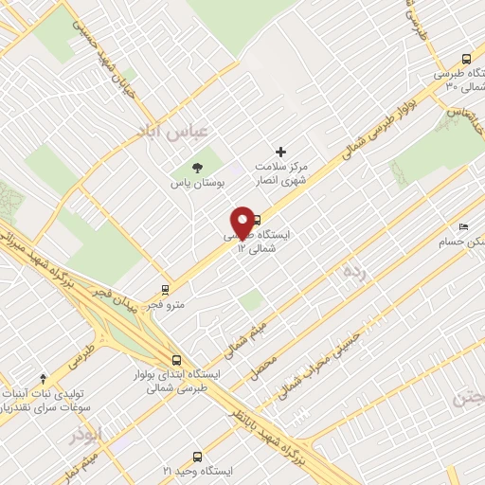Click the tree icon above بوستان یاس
(197, 168)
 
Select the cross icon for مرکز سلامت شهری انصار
(280, 152)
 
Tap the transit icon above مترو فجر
(167, 290)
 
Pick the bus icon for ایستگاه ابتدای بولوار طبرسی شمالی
(177, 360)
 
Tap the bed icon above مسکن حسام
(463, 227)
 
